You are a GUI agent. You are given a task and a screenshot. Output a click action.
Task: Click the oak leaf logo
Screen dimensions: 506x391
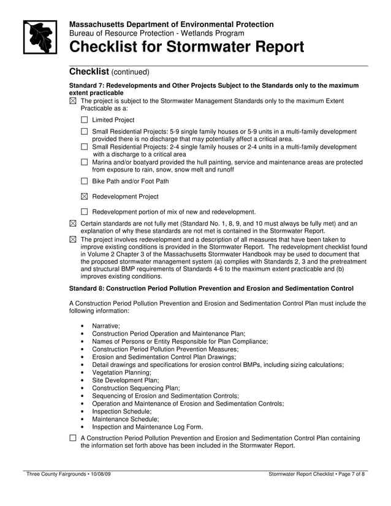click(40, 37)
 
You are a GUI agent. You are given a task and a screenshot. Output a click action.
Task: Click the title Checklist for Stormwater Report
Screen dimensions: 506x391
click(186, 47)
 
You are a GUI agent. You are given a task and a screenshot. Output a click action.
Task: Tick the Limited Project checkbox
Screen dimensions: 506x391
click(85, 120)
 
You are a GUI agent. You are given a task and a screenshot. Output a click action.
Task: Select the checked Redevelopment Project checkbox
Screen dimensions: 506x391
click(85, 197)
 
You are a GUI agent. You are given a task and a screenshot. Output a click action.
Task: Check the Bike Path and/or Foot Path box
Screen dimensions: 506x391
click(85, 181)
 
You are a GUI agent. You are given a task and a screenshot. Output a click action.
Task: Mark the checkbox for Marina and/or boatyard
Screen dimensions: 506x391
click(85, 162)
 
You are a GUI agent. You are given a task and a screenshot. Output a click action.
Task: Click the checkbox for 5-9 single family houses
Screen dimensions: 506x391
click(85, 132)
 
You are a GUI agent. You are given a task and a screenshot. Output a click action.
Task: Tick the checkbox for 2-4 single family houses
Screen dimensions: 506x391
click(85, 147)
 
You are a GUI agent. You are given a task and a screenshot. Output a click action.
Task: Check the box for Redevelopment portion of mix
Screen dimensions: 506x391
click(85, 212)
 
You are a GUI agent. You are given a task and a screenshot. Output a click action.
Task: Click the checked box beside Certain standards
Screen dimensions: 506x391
click(73, 224)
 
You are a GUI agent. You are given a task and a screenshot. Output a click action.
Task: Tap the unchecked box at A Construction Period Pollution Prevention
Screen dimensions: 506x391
click(73, 439)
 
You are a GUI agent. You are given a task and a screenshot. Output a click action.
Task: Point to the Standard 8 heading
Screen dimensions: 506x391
click(211, 288)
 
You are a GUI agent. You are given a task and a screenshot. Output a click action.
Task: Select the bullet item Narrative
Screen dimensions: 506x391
click(106, 326)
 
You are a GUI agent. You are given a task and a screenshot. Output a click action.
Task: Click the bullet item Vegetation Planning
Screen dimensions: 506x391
click(121, 372)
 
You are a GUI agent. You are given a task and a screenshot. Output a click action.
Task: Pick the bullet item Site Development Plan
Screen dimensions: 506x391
click(125, 380)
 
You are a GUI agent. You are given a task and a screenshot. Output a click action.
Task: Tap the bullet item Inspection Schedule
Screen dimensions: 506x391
click(121, 412)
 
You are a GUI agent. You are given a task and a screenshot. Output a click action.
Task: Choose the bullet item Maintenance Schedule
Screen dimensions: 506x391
click(125, 420)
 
